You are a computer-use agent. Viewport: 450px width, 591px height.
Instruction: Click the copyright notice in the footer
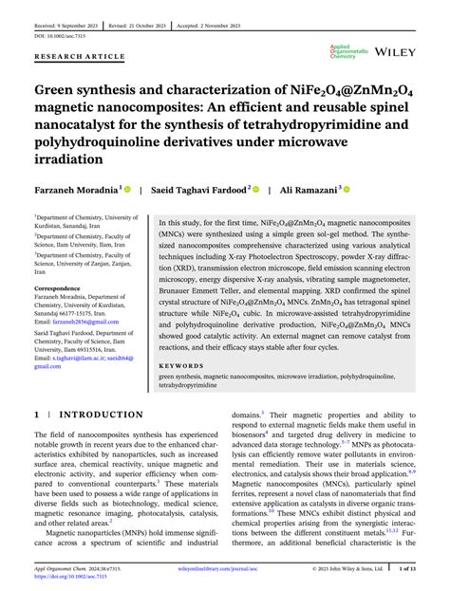coord(347,569)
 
